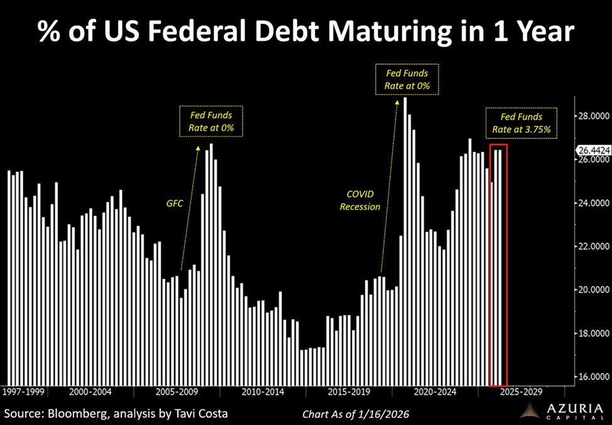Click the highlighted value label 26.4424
pos(593,150)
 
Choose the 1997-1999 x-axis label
pos(23,392)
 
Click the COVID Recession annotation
pos(360,201)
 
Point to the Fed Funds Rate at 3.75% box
pos(522,123)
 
